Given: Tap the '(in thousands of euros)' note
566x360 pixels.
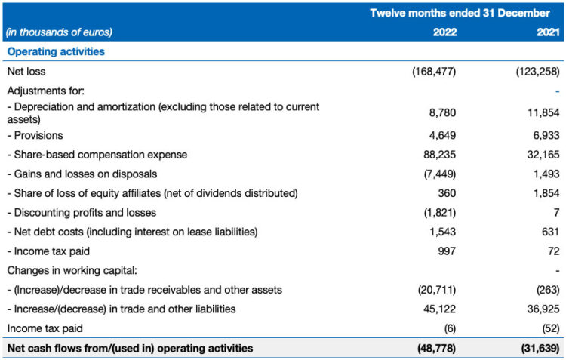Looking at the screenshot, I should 60,32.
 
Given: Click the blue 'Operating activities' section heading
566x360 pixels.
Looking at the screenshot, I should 56,52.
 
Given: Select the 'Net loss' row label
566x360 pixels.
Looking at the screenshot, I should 26,72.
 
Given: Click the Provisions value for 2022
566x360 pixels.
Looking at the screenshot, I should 441,136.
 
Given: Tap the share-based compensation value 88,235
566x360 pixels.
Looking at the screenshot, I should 439,155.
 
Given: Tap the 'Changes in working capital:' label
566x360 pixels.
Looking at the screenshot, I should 67,269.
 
